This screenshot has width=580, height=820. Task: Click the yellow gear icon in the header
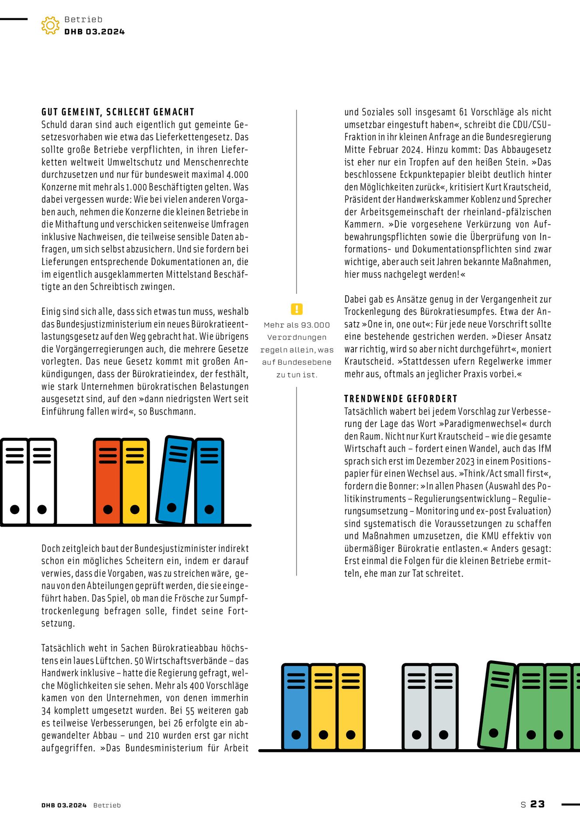coord(50,25)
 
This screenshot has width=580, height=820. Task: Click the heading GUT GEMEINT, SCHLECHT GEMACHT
coord(118,112)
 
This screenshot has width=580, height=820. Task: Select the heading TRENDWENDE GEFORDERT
coord(401,399)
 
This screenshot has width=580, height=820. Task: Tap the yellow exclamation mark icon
coord(297,309)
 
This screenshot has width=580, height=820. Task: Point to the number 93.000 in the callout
coord(314,325)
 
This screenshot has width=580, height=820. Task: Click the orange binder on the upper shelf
coord(108,481)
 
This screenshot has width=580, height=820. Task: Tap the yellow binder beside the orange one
coord(135,481)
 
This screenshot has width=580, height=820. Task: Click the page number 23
coord(538,804)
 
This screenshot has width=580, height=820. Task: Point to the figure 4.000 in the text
coord(237,174)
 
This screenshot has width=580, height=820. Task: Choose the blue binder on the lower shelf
coord(296,707)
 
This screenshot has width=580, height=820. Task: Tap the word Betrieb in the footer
coord(107,805)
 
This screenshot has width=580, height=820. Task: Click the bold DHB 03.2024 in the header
coord(94,32)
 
